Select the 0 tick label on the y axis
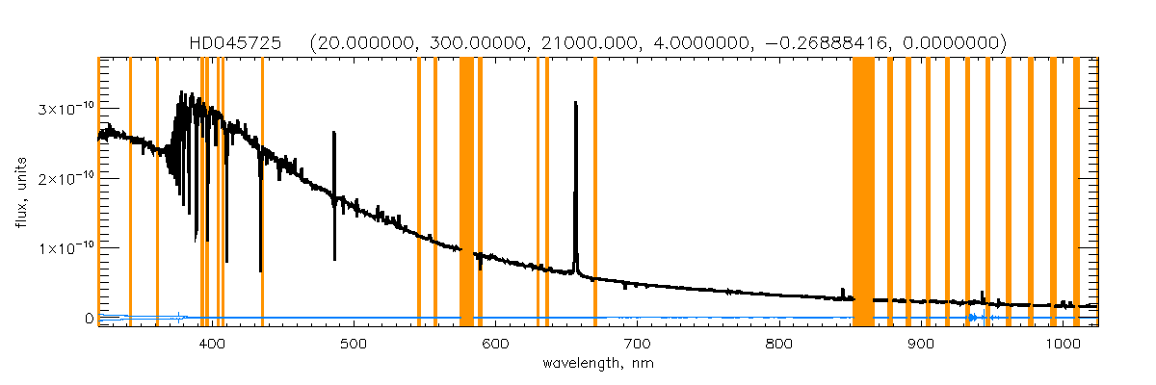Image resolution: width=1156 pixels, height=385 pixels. tap(89, 318)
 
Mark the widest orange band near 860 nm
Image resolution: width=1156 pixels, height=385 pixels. tap(863, 192)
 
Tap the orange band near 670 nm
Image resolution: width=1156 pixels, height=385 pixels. tap(594, 192)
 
